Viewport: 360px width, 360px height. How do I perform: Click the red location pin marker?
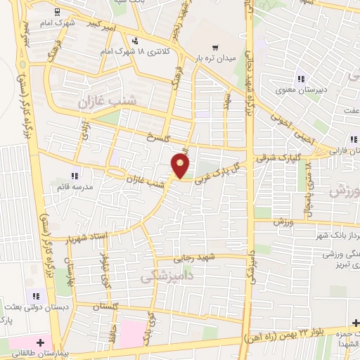pyautogui.click(x=181, y=166)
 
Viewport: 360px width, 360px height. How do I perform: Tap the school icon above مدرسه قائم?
pyautogui.click(x=75, y=176)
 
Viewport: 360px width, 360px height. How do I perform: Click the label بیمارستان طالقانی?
pyautogui.click(x=31, y=353)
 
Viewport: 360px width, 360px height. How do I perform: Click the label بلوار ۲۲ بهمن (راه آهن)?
pyautogui.click(x=291, y=333)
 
